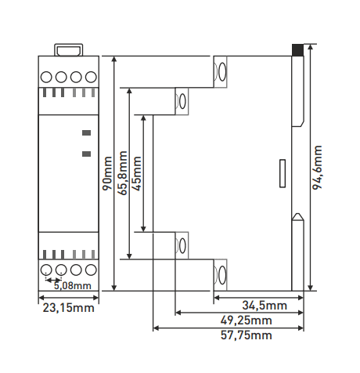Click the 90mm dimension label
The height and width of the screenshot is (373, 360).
pyautogui.click(x=107, y=173)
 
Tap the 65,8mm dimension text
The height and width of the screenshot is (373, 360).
pyautogui.click(x=122, y=173)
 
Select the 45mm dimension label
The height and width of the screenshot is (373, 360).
pyautogui.click(x=137, y=173)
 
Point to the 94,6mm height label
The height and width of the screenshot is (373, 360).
pyautogui.click(x=317, y=168)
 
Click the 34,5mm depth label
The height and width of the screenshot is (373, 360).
pyautogui.click(x=265, y=306)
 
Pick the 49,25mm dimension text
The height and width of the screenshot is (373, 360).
pyautogui.click(x=247, y=320)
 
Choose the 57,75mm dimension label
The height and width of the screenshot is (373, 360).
pyautogui.click(x=247, y=335)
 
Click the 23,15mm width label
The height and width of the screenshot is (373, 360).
pyautogui.click(x=68, y=308)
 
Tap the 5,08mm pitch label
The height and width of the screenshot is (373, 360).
pyautogui.click(x=73, y=285)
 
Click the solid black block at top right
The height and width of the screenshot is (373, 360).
pyautogui.click(x=297, y=50)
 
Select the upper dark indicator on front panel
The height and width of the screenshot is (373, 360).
pyautogui.click(x=87, y=133)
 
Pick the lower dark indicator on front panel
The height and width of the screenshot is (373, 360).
pyautogui.click(x=87, y=154)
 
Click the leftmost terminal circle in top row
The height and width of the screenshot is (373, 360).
pyautogui.click(x=46, y=77)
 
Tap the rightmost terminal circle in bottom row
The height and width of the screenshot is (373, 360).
pyautogui.click(x=91, y=270)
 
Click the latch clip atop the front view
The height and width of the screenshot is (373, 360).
pyautogui.click(x=69, y=50)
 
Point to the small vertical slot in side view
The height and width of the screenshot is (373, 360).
pyautogui.click(x=283, y=173)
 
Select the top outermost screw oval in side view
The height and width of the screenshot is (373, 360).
pyautogui.click(x=222, y=72)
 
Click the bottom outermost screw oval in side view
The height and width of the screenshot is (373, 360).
pyautogui.click(x=222, y=275)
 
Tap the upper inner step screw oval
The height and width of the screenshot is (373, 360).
pyautogui.click(x=182, y=101)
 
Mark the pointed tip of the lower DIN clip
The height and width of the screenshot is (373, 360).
pyautogui.click(x=297, y=213)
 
